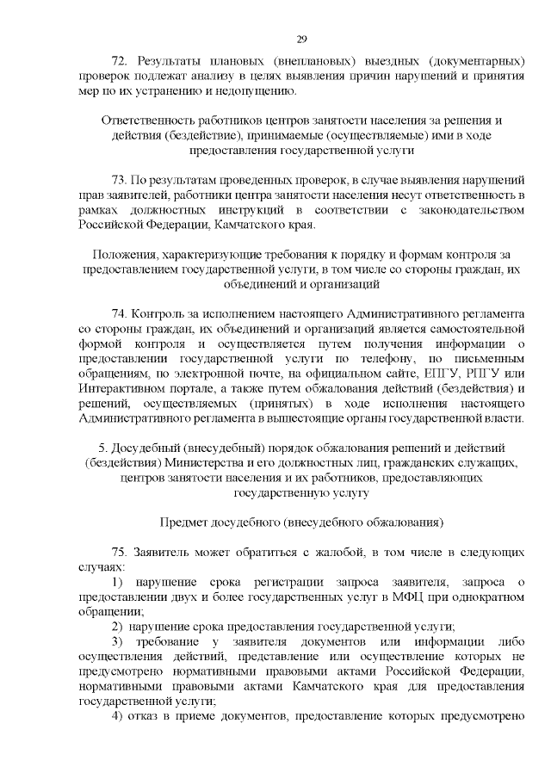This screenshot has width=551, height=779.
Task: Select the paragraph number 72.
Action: point(120,61)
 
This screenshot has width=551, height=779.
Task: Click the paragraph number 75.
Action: point(120,550)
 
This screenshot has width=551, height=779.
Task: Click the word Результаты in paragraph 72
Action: point(172,61)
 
